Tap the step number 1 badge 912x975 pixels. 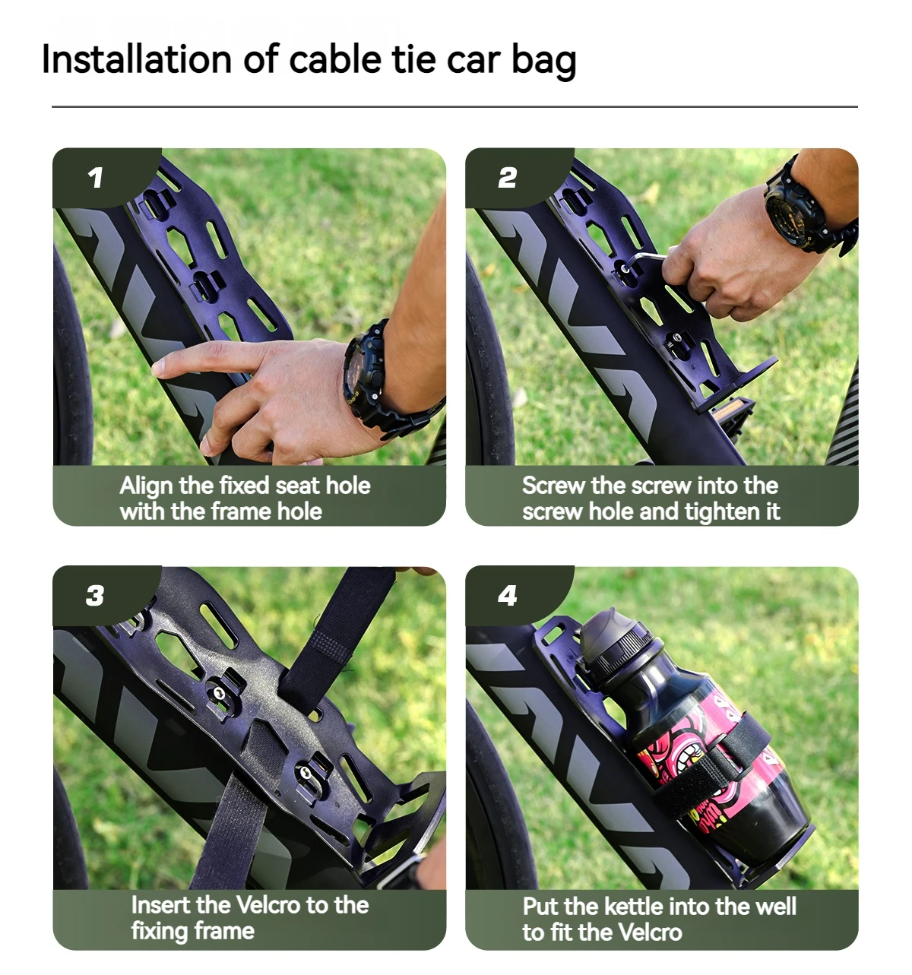coord(95,178)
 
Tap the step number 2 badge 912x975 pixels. coord(507,178)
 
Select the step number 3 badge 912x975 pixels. coord(95,596)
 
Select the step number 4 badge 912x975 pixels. coord(507,596)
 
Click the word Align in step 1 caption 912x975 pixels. coord(146,486)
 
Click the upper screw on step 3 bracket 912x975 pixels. coord(220,692)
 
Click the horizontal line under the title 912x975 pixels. coord(454,107)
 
